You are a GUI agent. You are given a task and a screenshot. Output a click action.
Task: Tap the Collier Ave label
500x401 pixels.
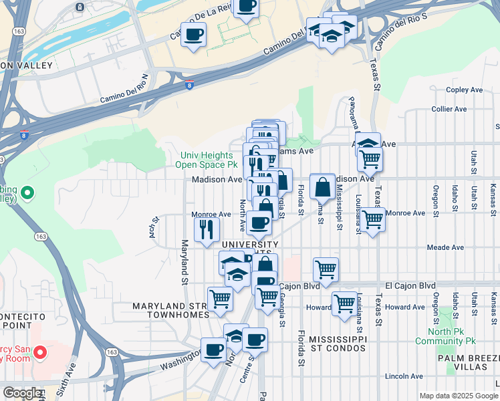[449, 109]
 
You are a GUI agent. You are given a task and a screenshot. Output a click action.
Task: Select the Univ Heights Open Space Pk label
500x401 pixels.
[207, 160]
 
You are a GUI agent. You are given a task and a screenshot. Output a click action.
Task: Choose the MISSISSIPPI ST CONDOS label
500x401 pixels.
[338, 344]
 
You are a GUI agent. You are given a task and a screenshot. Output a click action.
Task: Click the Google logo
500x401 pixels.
[22, 393]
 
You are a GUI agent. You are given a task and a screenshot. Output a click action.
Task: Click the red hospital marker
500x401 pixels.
[39, 352]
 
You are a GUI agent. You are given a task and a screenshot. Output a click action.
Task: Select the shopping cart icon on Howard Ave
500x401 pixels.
[344, 303]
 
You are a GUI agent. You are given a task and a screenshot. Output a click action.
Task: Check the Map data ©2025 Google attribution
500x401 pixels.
[458, 396]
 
